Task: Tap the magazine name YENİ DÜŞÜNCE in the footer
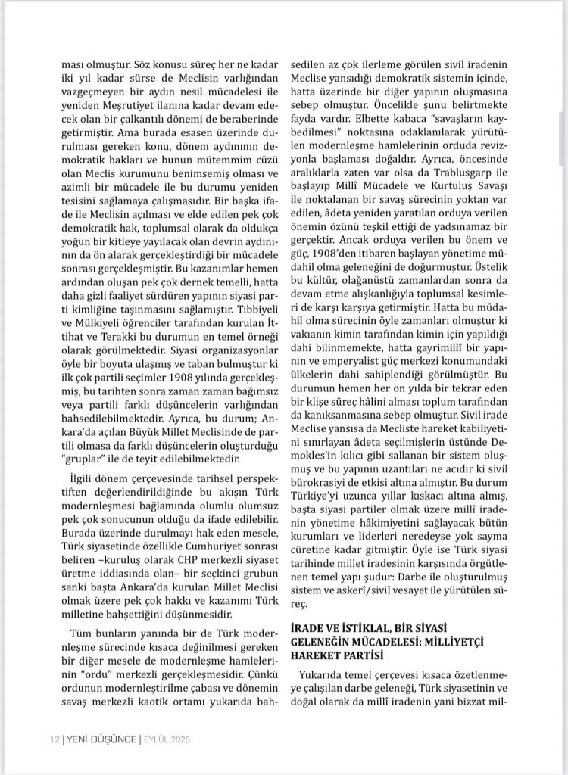98,739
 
